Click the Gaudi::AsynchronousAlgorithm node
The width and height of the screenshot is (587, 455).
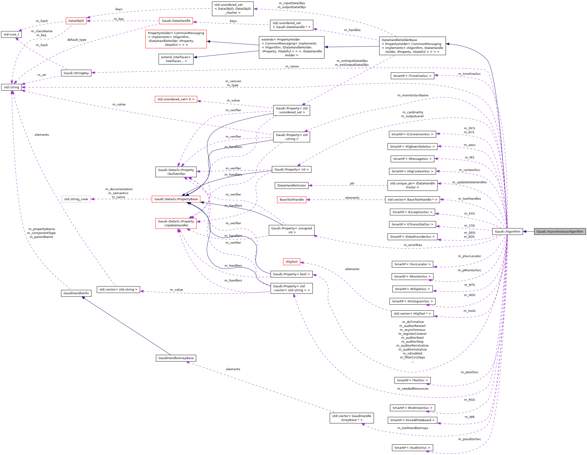pos(560,231)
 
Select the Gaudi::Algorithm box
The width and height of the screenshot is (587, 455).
pos(507,231)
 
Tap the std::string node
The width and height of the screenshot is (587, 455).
pos(11,87)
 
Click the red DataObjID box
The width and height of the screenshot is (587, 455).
pos(76,21)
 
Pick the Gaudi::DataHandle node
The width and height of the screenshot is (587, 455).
pos(176,21)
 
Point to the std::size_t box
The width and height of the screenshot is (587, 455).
pos(11,34)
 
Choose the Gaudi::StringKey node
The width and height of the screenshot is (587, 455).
pos(76,73)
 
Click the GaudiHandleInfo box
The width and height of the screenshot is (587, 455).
pos(76,293)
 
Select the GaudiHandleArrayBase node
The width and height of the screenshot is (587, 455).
pos(176,358)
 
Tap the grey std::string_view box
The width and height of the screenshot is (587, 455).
pos(76,199)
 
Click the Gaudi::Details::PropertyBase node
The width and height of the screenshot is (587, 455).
pos(176,199)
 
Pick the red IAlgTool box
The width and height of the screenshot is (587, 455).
pos(291,262)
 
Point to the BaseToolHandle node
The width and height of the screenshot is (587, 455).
pos(291,199)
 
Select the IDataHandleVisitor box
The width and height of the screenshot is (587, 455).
pos(291,186)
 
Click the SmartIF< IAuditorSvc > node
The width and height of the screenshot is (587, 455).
pos(412,448)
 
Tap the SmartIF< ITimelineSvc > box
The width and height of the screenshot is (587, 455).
pos(412,76)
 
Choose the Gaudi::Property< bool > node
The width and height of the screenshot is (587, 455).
pos(291,274)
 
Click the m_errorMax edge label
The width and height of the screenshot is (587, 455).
pos(413,245)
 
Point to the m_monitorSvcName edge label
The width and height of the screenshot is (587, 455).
pos(413,95)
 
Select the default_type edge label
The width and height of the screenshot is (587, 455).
pos(77,40)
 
